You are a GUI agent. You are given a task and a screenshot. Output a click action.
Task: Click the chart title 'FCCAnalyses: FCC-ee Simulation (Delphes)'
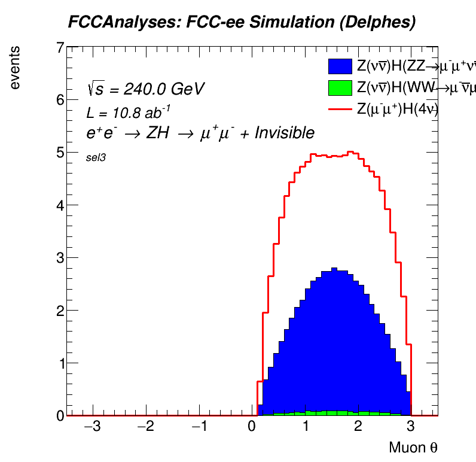(x=241, y=23)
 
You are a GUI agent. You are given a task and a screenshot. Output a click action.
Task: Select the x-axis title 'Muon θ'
(x=413, y=448)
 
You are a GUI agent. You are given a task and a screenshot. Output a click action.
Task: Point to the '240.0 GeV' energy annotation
(x=164, y=89)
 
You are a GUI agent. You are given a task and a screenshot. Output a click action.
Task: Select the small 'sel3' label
(x=96, y=158)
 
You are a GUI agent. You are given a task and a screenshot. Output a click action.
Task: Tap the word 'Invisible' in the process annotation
(x=284, y=133)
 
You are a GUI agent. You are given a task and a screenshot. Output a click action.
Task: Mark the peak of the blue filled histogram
(x=334, y=269)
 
